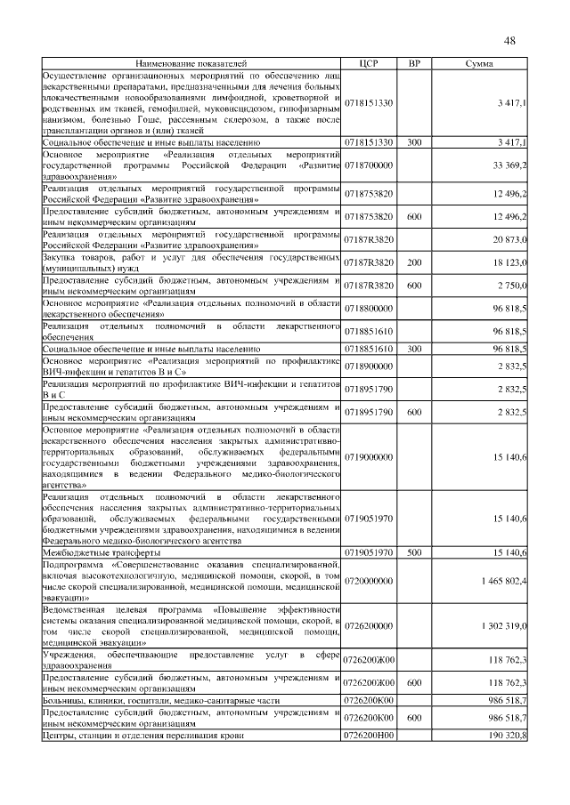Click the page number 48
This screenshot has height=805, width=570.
click(510, 40)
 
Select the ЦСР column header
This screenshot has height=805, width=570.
click(369, 64)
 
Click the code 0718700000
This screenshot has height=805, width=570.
click(369, 165)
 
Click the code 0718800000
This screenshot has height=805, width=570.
click(369, 307)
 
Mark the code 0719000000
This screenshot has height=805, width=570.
click(369, 456)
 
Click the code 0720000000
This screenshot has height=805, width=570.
click(369, 581)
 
